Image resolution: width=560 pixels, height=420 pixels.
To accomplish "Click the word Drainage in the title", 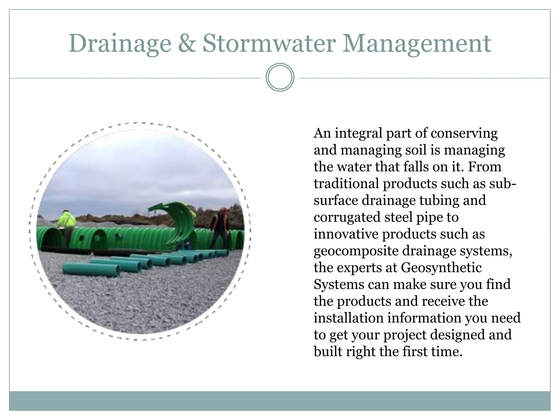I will click(x=120, y=44).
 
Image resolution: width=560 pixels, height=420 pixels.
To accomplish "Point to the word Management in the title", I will click(x=416, y=44).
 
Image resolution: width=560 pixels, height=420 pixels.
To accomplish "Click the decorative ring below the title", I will click(x=280, y=77).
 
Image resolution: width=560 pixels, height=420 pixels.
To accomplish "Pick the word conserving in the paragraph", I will click(x=464, y=134).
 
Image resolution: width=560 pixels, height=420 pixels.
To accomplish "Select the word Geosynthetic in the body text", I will click(x=441, y=268).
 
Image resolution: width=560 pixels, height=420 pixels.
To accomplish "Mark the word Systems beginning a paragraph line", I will click(x=339, y=285).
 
